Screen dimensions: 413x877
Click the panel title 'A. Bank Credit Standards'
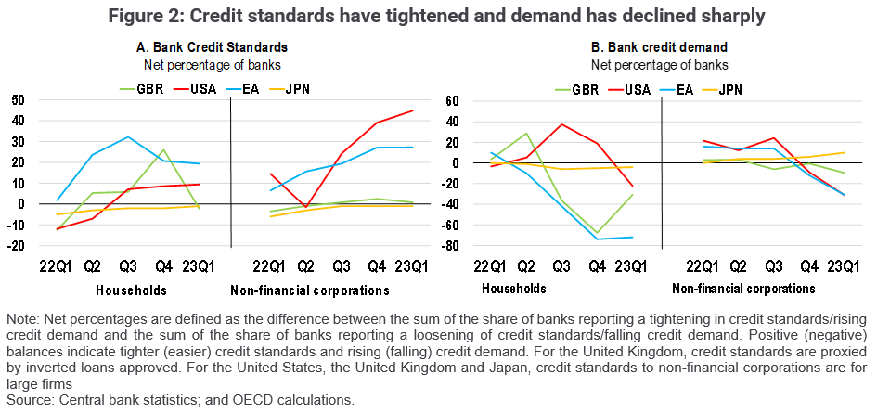coord(206,46)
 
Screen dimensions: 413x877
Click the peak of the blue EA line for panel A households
coord(129,137)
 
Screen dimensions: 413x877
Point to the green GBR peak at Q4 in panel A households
coord(163,150)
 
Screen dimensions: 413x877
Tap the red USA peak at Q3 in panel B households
coord(561,124)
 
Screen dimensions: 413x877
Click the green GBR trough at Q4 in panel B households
coord(597,233)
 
